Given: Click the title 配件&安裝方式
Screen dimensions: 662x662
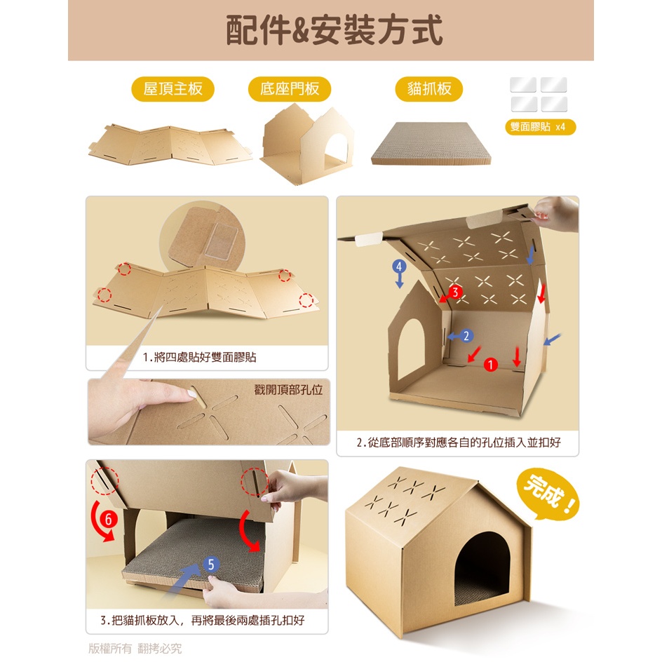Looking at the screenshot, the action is [334, 29].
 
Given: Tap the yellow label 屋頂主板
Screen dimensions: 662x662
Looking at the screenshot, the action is [173, 88].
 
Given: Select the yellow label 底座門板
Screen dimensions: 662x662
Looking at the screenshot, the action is [289, 88].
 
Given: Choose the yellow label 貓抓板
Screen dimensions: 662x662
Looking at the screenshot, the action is [429, 88].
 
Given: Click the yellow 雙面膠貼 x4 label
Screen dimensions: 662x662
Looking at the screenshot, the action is [541, 127].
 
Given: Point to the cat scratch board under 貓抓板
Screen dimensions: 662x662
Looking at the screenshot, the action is [431, 144].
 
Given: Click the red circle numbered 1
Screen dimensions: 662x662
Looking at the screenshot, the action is [491, 365].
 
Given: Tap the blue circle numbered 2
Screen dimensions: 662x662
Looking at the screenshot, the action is [466, 336].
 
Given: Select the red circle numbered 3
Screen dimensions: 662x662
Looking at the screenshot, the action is [455, 292].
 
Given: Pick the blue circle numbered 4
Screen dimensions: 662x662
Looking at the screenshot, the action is [399, 266].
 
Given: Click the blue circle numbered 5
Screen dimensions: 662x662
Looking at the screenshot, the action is [211, 565].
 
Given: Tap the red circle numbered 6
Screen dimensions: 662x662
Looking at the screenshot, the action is [109, 519].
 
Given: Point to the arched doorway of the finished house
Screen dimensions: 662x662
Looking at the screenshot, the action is [482, 569].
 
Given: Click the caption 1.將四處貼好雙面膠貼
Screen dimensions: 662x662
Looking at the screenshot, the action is [199, 357].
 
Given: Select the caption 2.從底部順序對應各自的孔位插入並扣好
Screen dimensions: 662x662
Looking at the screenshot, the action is [459, 443].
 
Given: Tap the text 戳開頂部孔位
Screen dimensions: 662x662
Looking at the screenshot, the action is [288, 389].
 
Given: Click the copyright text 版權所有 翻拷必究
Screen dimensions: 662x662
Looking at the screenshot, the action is [135, 649].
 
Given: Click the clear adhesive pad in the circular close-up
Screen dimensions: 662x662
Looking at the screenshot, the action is [221, 241].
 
